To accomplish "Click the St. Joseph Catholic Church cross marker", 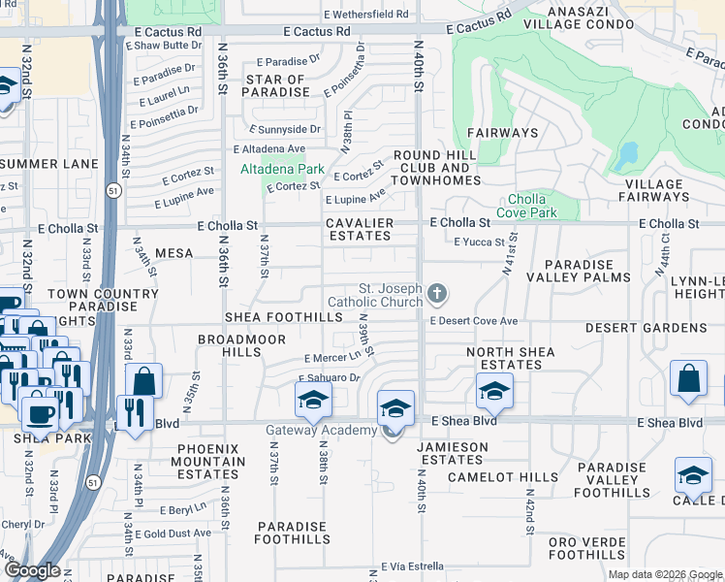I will tap(438, 293).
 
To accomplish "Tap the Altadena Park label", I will tap(282, 169).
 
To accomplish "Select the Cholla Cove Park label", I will tap(527, 206).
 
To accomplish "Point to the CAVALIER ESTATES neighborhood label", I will tap(359, 230).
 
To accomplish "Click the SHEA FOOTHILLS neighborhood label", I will tap(285, 316).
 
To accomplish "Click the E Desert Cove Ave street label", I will tap(474, 321).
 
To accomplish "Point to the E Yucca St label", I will tap(480, 242).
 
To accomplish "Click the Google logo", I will tap(33, 570).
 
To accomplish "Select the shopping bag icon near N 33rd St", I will tap(142, 381).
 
